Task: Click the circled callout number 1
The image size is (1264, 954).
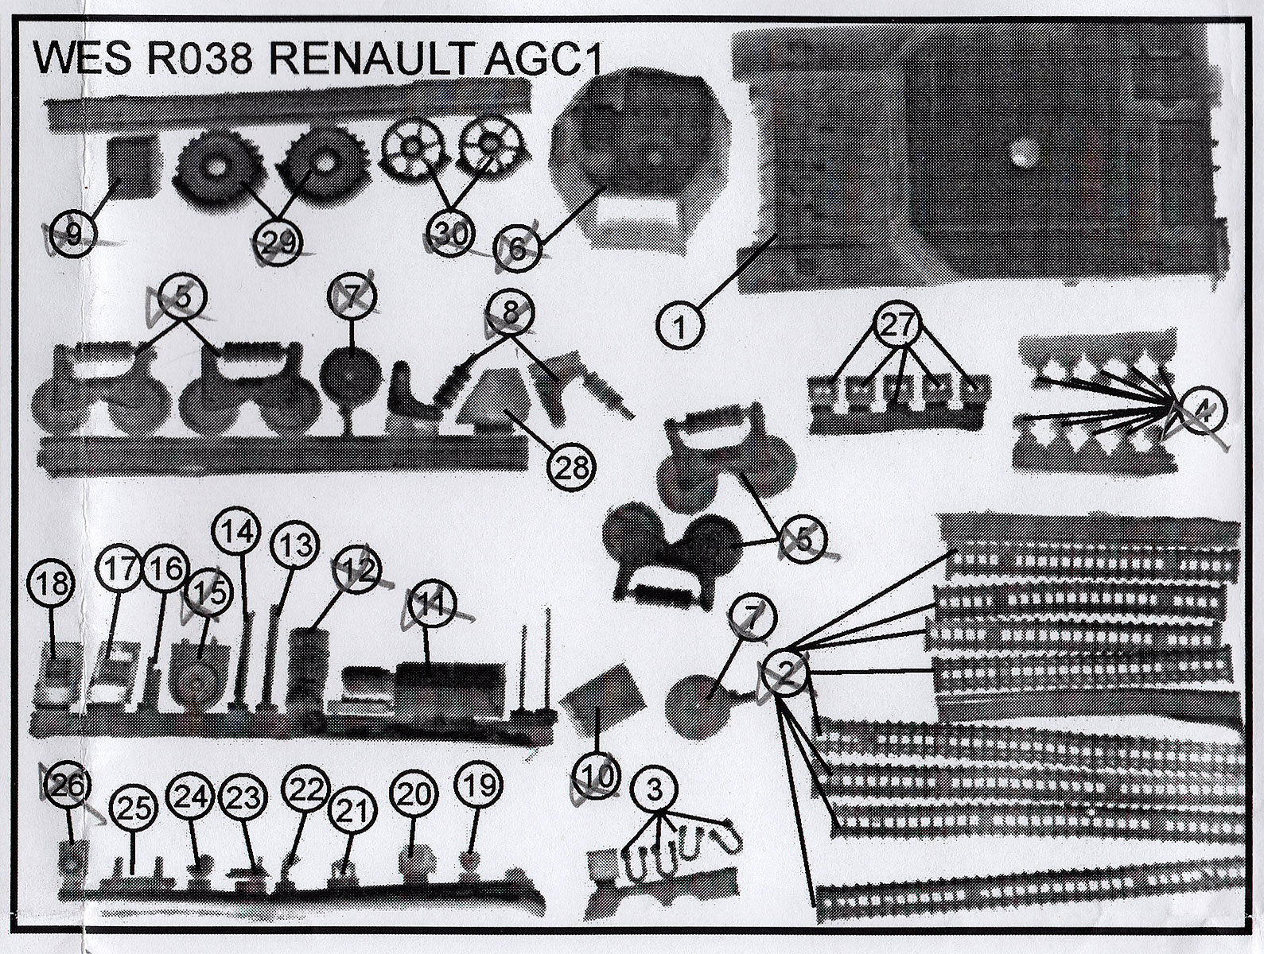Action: pyautogui.click(x=680, y=326)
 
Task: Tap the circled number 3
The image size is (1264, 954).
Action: pyautogui.click(x=654, y=790)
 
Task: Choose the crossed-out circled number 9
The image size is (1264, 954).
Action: pyautogui.click(x=73, y=235)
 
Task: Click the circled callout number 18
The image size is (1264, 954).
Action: pyautogui.click(x=53, y=584)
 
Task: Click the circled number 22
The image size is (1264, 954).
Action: pyautogui.click(x=306, y=789)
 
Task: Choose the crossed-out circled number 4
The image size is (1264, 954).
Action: pyautogui.click(x=1203, y=411)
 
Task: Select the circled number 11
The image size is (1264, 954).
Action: pyautogui.click(x=430, y=605)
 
